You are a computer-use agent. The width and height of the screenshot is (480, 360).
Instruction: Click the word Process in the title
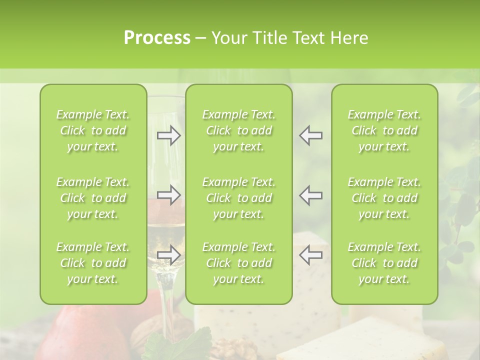click(157, 38)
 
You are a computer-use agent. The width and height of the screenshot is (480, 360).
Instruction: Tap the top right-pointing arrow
click(168, 135)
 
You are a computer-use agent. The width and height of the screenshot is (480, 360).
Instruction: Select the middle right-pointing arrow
click(168, 195)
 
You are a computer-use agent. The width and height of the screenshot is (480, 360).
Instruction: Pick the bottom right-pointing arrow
click(168, 254)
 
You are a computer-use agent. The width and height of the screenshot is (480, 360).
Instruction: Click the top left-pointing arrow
click(311, 135)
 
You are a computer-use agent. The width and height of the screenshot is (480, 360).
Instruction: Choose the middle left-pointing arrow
click(311, 195)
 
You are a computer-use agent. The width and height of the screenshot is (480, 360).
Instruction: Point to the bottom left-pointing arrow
click(311, 254)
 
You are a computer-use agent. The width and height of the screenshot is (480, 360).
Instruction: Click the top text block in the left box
click(93, 130)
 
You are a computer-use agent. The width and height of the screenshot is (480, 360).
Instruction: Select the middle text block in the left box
click(93, 198)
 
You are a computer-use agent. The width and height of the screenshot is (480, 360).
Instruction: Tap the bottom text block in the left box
click(93, 263)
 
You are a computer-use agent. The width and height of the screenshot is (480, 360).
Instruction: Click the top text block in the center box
click(238, 130)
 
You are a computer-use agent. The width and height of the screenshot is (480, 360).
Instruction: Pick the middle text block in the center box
click(238, 198)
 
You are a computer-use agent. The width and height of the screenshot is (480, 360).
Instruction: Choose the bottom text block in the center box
click(238, 263)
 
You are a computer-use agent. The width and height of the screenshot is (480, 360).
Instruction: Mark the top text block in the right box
click(384, 130)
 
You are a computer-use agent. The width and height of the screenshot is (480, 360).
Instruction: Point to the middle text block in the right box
click(384, 198)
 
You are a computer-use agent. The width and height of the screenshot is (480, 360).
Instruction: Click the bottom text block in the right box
click(384, 263)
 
